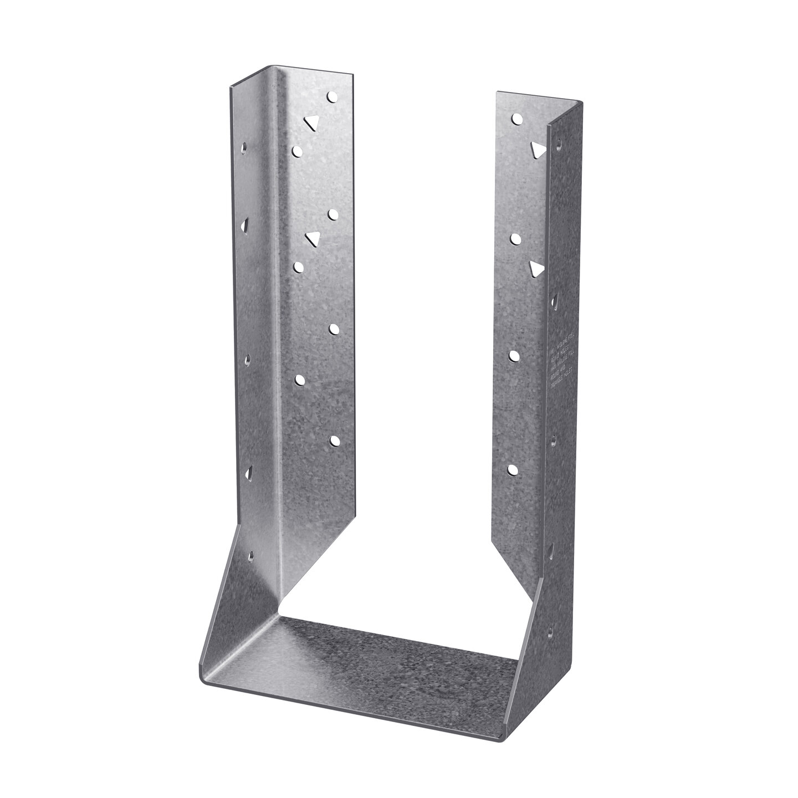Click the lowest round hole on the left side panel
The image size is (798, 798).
334,441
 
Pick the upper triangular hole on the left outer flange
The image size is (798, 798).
245,224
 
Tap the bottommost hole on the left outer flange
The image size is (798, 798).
252,554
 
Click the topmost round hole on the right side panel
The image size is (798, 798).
516,118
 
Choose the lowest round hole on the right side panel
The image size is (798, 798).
513,470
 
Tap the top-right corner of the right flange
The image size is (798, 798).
580,102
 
